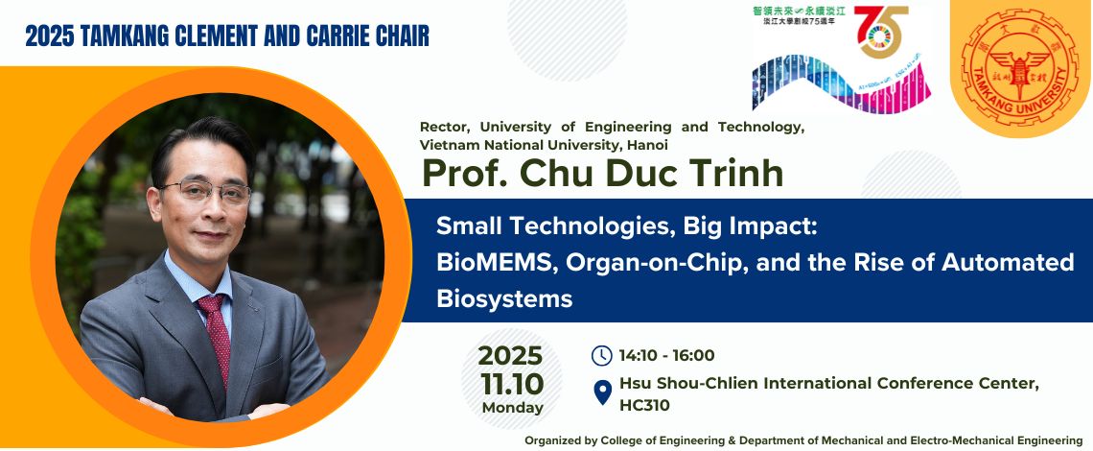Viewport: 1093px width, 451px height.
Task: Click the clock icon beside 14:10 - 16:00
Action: pyautogui.click(x=601, y=356)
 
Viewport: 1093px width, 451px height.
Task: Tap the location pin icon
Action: pyautogui.click(x=602, y=393)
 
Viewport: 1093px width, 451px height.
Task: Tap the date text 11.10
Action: pyautogui.click(x=512, y=384)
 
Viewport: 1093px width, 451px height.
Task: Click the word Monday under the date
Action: pyautogui.click(x=512, y=407)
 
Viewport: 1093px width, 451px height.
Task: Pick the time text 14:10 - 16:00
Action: pyautogui.click(x=666, y=356)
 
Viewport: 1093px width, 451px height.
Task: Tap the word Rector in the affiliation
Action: pyautogui.click(x=446, y=127)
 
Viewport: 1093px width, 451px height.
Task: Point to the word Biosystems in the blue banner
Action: pyautogui.click(x=504, y=298)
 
